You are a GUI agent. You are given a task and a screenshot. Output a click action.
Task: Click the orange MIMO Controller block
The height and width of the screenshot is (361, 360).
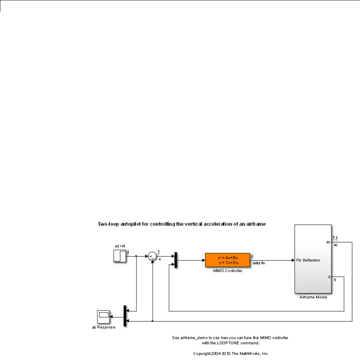tap(227, 260)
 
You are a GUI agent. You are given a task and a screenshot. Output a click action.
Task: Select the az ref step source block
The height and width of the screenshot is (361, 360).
tap(120, 256)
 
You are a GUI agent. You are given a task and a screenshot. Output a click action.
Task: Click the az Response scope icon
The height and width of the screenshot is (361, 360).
tap(103, 317)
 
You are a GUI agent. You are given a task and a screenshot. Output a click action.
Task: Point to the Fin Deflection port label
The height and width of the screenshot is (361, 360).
tap(308, 260)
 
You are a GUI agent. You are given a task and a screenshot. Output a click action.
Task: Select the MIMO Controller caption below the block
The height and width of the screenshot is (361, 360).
tap(227, 270)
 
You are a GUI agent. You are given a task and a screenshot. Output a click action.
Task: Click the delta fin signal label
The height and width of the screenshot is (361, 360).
tap(259, 263)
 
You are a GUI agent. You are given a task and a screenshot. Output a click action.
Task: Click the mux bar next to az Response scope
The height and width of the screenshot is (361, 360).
tap(125, 316)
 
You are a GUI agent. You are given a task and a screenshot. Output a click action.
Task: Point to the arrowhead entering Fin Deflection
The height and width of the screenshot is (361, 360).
tap(292, 260)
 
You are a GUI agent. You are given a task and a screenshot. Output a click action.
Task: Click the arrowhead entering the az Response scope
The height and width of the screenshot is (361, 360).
tap(112, 317)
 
